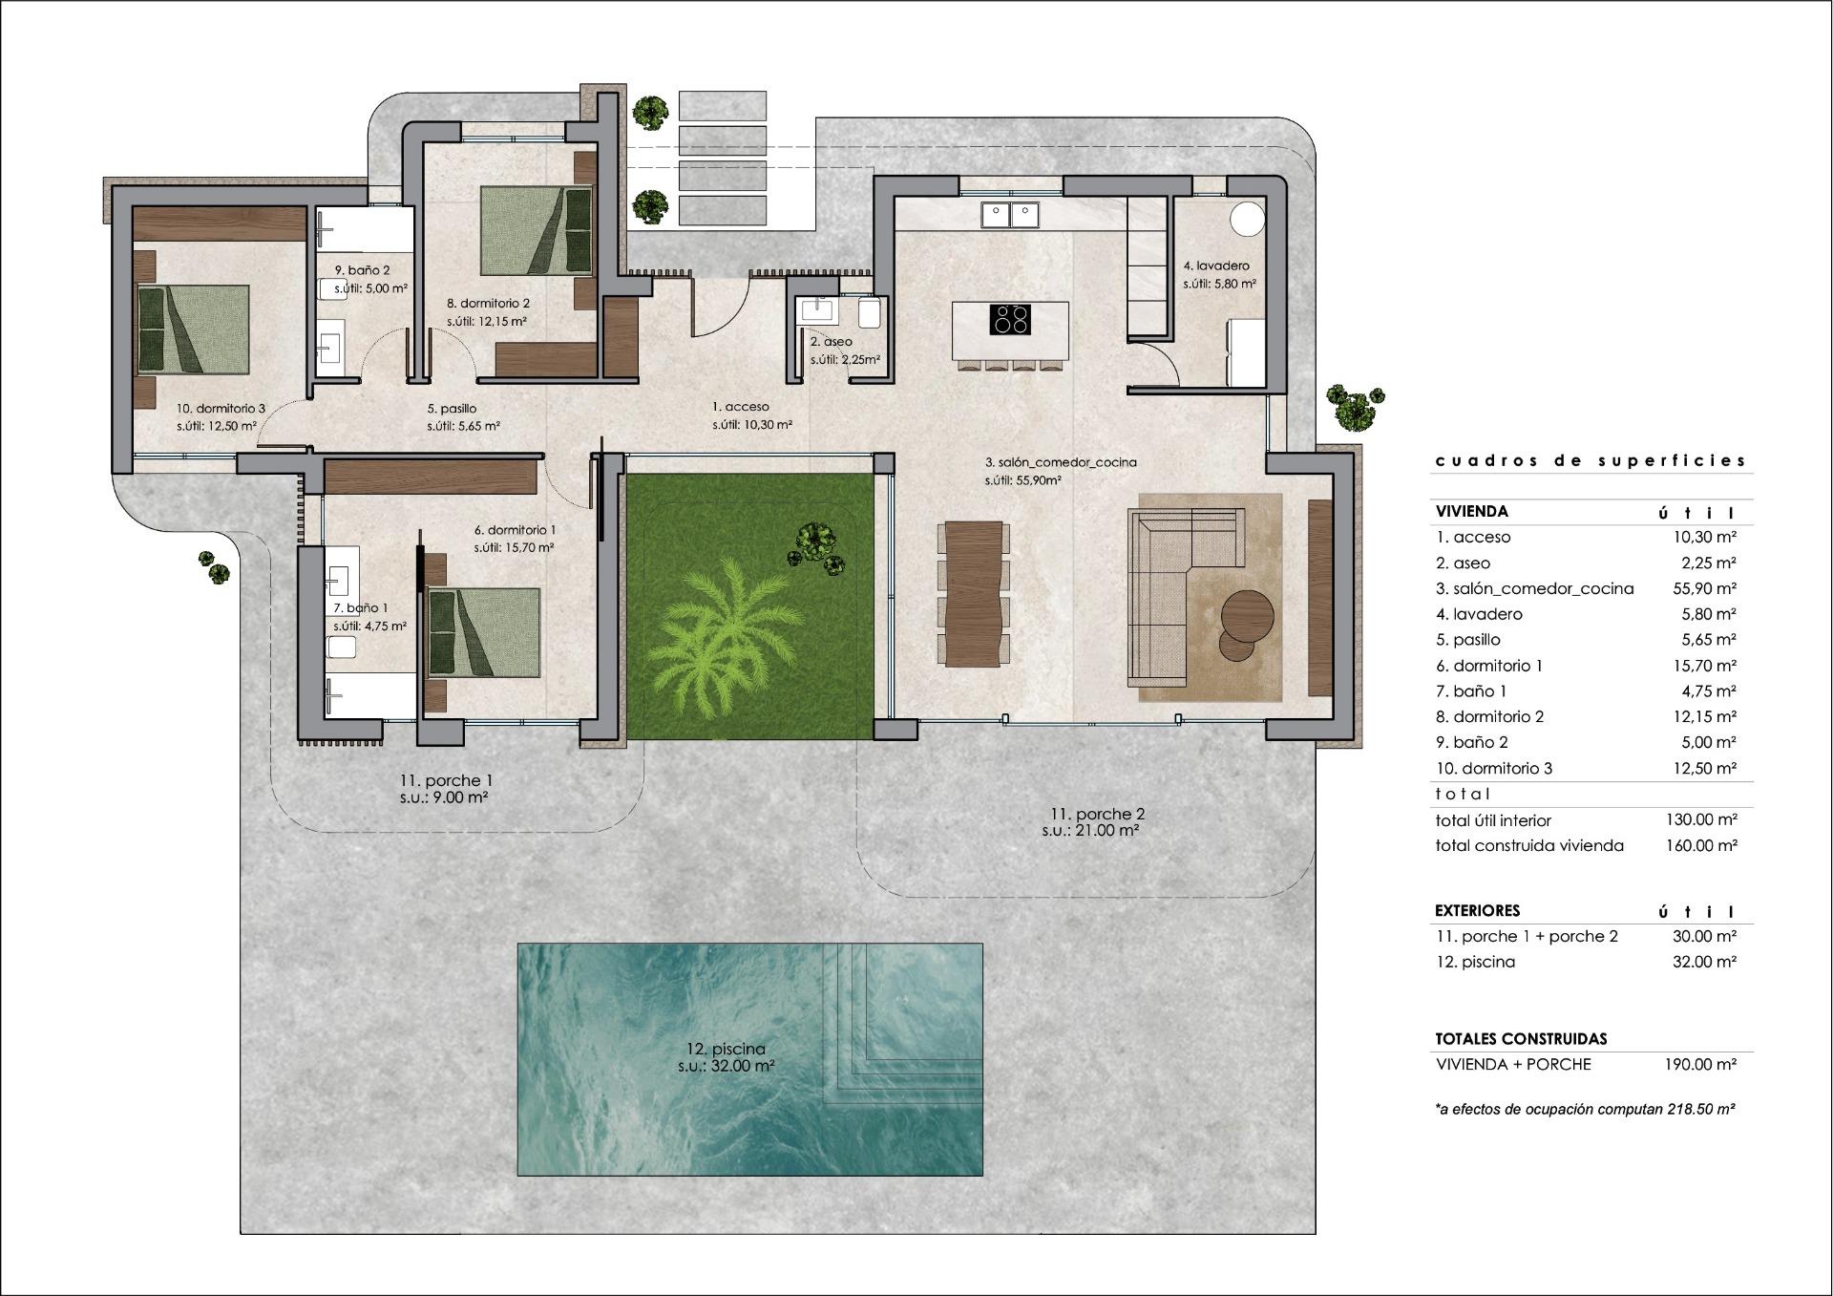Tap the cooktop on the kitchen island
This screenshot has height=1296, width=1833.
coord(1011,318)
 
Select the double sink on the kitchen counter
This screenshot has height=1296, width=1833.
coord(1010,215)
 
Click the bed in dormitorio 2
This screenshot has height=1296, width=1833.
coord(536,228)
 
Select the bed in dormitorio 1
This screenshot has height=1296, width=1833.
coord(483,632)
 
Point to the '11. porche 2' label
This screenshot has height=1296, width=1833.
coord(1097,814)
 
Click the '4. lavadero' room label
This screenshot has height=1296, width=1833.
coord(1216,266)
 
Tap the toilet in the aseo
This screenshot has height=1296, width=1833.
coord(870,312)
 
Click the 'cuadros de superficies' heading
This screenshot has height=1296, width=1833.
coord(1591,460)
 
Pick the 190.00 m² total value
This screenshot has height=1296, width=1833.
coord(1699,1064)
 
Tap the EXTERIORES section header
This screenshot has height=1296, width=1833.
coord(1478,910)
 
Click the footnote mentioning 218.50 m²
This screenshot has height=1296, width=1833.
coord(1585,1109)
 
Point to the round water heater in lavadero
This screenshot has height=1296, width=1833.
coord(1248,218)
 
